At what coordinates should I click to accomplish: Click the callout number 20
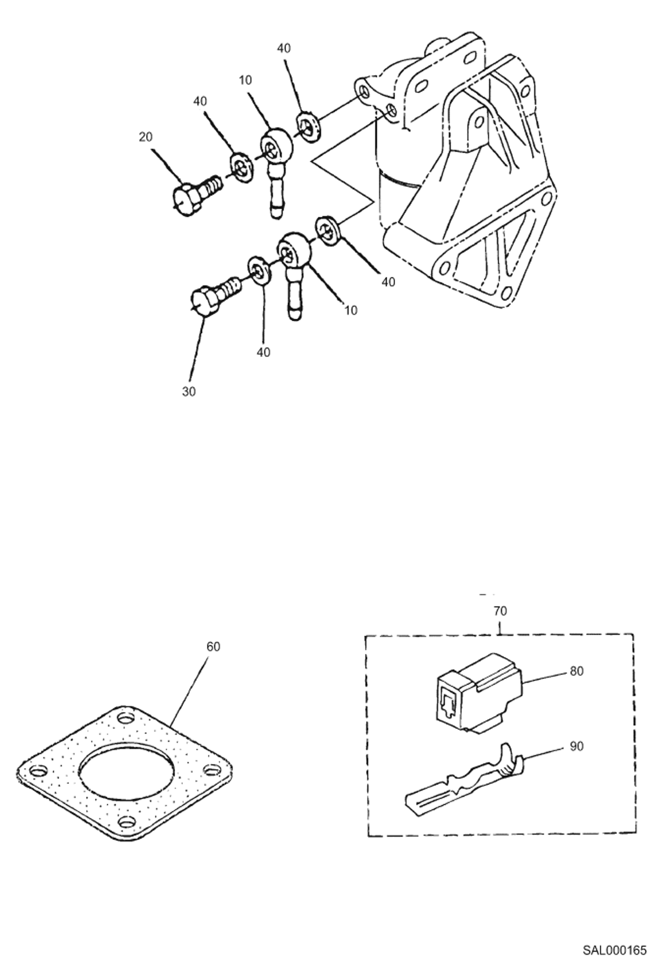click(146, 137)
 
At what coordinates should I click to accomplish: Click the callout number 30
click(189, 392)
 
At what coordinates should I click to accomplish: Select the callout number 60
click(213, 647)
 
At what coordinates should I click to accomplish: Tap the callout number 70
click(500, 611)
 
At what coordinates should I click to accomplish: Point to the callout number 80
click(577, 671)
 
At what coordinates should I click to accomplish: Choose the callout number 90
click(577, 746)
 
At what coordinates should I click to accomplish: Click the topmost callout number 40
click(284, 48)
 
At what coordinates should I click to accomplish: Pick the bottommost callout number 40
click(263, 352)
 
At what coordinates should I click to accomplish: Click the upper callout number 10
click(246, 80)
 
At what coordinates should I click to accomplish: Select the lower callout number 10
click(351, 310)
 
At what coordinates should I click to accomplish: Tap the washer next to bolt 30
click(260, 272)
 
